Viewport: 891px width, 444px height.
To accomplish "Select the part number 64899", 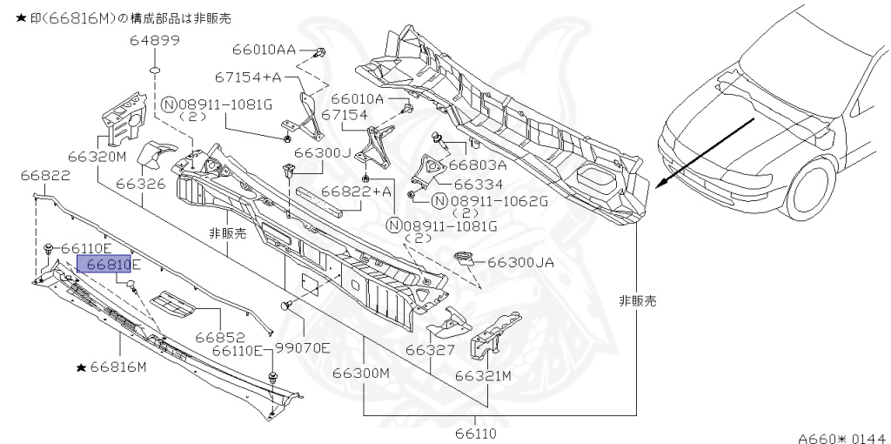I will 155,40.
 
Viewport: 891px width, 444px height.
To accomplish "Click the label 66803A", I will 478,165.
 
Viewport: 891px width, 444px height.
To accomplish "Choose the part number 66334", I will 478,184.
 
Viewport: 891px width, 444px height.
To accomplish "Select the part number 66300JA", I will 521,261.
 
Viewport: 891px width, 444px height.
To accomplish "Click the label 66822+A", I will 357,191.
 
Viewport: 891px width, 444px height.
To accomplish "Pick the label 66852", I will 218,336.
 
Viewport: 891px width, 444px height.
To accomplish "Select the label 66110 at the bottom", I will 476,433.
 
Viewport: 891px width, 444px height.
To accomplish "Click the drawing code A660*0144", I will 840,439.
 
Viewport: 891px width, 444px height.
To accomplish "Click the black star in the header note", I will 8,17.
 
